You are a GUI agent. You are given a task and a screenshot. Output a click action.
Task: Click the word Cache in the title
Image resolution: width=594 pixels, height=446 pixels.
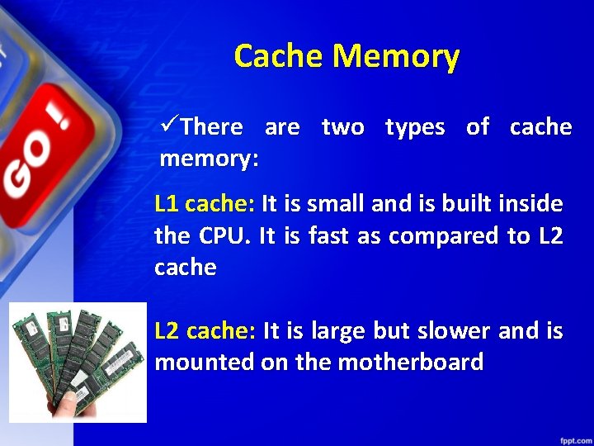[x=279, y=57]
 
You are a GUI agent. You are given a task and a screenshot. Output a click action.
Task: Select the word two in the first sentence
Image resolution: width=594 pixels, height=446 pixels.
[x=342, y=127]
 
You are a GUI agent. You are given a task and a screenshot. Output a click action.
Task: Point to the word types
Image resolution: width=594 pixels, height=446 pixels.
[x=415, y=128]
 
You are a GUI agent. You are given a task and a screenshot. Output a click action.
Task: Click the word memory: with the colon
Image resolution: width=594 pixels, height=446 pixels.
[x=209, y=159]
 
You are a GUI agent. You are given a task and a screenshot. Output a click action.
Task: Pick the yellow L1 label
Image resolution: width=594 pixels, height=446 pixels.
[x=167, y=203]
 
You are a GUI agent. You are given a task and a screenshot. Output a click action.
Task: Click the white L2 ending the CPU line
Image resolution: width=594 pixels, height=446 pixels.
[x=549, y=236]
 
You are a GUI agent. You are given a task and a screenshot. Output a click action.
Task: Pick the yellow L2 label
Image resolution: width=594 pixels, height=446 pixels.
[x=168, y=331]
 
